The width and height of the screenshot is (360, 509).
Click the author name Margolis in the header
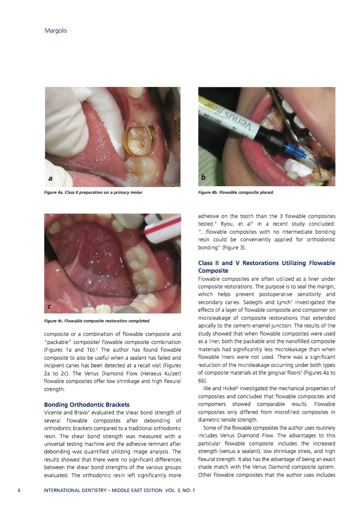pyautogui.click(x=56, y=31)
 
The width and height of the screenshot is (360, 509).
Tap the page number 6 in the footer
pyautogui.click(x=19, y=490)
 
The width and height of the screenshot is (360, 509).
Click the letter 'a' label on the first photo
pyautogui.click(x=51, y=179)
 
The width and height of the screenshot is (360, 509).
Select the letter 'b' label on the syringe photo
pyautogui.click(x=203, y=178)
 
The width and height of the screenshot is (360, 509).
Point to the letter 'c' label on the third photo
pyautogui.click(x=50, y=306)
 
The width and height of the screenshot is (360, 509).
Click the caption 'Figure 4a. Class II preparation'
pyautogui.click(x=93, y=193)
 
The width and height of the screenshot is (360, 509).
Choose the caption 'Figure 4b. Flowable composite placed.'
pyautogui.click(x=236, y=193)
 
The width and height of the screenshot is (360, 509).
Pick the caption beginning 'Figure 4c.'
pyautogui.click(x=98, y=321)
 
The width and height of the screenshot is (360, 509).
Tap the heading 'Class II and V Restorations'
pyautogui.click(x=266, y=267)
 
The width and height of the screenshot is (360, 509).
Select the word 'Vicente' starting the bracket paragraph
pyautogui.click(x=54, y=412)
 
